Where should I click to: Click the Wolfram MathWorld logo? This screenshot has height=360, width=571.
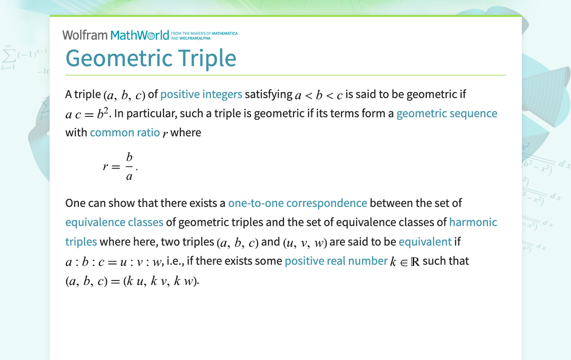pos(116,35)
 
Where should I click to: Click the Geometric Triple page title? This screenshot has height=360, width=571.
pos(151,58)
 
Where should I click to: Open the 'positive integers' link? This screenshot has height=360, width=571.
pos(201,94)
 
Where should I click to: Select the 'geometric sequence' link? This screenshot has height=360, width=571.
pos(446,113)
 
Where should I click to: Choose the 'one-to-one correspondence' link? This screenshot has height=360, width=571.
pos(297,203)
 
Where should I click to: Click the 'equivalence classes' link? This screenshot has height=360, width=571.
pos(114,222)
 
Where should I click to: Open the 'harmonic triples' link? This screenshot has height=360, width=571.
pos(473,222)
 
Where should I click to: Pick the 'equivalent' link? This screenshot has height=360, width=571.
pos(425,242)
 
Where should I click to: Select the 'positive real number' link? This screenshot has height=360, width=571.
pos(336,261)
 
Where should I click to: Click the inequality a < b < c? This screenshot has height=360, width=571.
pos(319,95)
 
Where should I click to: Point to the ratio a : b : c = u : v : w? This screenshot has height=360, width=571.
pos(114,262)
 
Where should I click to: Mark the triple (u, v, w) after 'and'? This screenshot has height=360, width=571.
pos(305,243)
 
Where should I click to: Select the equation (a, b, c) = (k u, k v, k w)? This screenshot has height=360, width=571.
pos(132,281)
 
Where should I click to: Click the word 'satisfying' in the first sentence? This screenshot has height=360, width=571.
pos(268,94)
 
